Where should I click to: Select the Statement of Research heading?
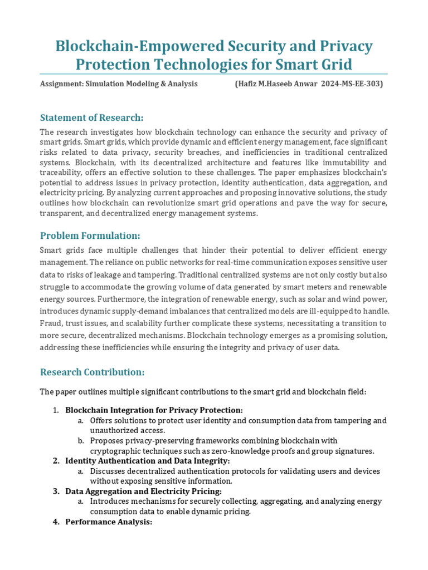92,117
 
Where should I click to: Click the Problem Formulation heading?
90,235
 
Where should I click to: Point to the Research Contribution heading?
93,372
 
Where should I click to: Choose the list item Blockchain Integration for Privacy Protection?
154,410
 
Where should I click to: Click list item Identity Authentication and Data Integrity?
147,461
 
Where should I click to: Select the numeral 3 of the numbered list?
56,491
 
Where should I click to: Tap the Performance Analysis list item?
109,522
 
